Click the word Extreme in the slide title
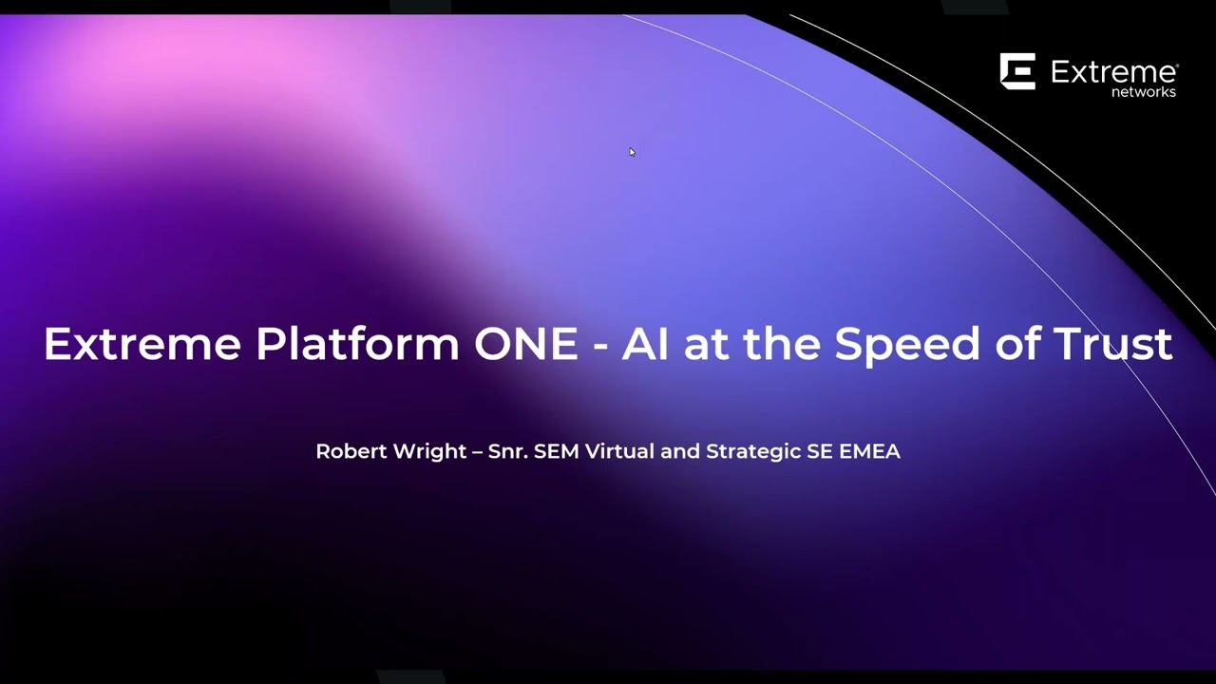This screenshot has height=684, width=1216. click(142, 344)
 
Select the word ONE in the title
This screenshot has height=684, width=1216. click(525, 344)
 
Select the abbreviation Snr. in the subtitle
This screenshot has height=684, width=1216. click(508, 451)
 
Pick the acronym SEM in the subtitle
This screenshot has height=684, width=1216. click(557, 451)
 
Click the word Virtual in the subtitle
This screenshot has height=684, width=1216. click(619, 451)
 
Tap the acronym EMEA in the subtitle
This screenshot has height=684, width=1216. click(869, 451)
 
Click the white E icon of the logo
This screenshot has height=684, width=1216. click(1017, 71)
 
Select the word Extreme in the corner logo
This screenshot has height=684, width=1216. click(1113, 72)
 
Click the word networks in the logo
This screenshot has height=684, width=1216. click(1144, 92)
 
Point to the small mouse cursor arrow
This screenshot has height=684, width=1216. click(632, 152)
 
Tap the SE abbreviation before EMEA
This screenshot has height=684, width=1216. click(820, 451)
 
